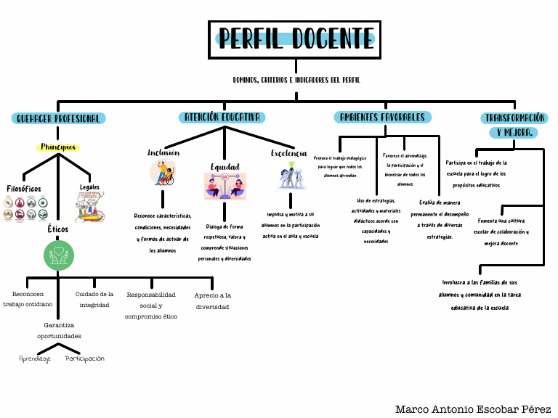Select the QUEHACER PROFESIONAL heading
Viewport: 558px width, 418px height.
coord(59,118)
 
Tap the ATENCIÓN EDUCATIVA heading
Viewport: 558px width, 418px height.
coord(222,117)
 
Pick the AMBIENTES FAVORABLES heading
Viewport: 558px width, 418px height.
coord(383,117)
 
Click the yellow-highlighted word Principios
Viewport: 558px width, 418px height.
coord(58,147)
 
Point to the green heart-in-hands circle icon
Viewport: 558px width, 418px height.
coord(59,255)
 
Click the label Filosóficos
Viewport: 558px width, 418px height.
coord(23,189)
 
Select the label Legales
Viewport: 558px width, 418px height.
coord(89,187)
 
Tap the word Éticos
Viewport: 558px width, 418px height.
coord(59,228)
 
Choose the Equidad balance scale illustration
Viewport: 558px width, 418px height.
coord(225,187)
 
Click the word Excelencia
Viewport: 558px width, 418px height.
coord(289,154)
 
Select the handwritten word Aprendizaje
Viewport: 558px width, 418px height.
coord(35,358)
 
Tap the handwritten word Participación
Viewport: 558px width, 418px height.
coord(84,358)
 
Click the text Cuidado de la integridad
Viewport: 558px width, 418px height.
coord(94,300)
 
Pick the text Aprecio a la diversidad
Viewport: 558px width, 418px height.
coord(212,301)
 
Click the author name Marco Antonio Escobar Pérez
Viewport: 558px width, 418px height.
coord(473,409)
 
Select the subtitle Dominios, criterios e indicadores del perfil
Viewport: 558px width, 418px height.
coord(296,80)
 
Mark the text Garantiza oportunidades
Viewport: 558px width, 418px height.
coord(59,331)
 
